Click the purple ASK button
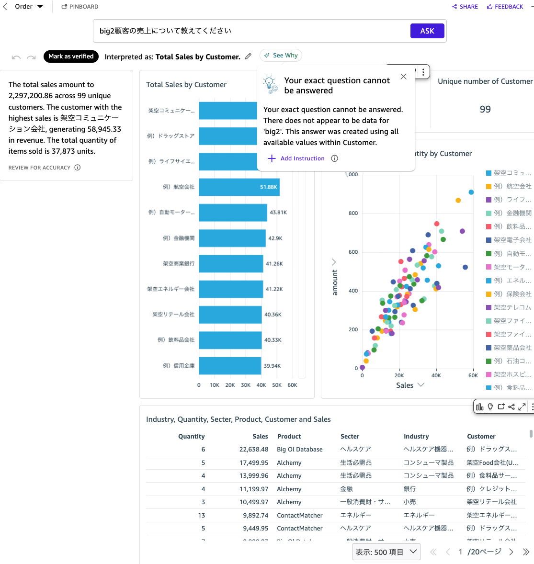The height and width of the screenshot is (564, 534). pyautogui.click(x=427, y=31)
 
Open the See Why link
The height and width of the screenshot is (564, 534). pyautogui.click(x=281, y=56)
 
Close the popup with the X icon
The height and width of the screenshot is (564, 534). pyautogui.click(x=403, y=77)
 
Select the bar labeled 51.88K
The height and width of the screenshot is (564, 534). pyautogui.click(x=239, y=187)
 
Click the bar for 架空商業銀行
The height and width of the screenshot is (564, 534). pyautogui.click(x=231, y=264)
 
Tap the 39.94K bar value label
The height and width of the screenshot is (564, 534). pyautogui.click(x=272, y=366)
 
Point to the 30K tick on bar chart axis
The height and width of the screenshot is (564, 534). pyautogui.click(x=246, y=385)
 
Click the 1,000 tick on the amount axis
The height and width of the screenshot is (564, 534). pyautogui.click(x=351, y=175)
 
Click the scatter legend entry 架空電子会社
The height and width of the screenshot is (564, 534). pyautogui.click(x=512, y=240)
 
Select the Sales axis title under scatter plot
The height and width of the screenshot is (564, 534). pyautogui.click(x=405, y=385)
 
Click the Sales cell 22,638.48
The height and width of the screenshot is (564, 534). pyautogui.click(x=254, y=450)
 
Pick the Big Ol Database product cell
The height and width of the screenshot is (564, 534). pyautogui.click(x=300, y=450)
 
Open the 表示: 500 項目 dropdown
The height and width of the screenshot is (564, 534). pyautogui.click(x=386, y=552)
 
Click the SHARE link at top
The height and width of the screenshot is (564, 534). pyautogui.click(x=465, y=7)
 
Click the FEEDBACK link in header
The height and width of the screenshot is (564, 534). pyautogui.click(x=505, y=7)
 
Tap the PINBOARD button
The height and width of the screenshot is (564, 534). pyautogui.click(x=80, y=7)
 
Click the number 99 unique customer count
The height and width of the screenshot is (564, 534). pyautogui.click(x=485, y=110)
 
